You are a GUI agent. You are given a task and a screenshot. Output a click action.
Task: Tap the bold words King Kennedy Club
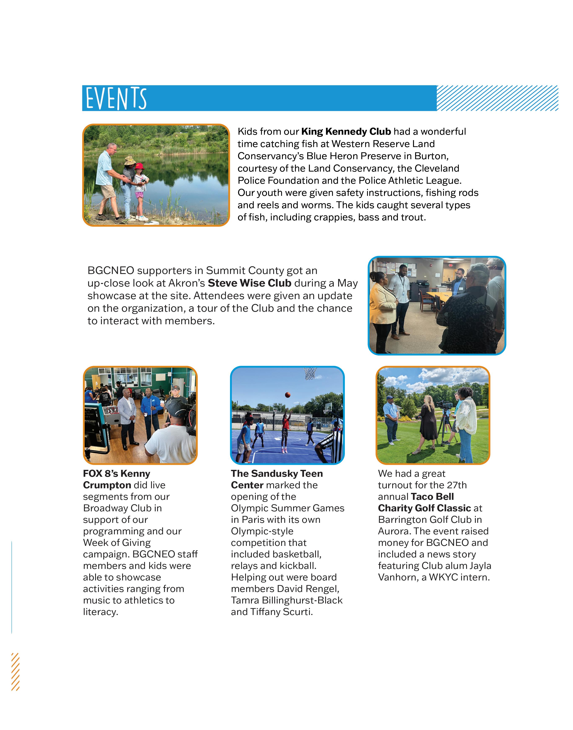[346, 132]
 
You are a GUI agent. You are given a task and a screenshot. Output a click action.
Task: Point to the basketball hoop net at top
[310, 373]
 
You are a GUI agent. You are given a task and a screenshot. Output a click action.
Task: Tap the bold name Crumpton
[107, 485]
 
